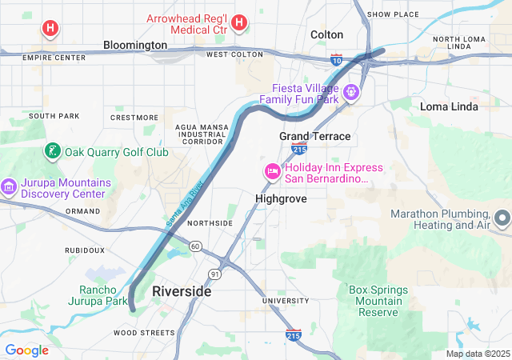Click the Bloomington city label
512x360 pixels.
coord(135,46)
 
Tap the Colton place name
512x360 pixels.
coord(326,34)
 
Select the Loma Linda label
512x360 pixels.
coord(449,106)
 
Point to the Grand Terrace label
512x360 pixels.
coord(314,136)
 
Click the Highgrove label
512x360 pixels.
coord(281,198)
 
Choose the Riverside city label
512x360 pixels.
coord(182,291)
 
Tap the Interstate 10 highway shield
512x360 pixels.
coord(337,58)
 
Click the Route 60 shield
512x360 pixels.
coord(195,246)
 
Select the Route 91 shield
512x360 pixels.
coord(214,274)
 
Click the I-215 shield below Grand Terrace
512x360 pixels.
coord(299,150)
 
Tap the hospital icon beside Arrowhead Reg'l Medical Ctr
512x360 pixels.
coord(238,24)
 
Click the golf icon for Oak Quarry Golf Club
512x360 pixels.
coord(52,151)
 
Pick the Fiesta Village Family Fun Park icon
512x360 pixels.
coord(350,94)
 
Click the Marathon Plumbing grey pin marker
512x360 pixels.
coord(502,218)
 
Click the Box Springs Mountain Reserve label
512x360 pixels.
coord(378,300)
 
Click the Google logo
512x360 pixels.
coord(26,350)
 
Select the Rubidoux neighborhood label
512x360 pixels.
coord(85,250)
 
